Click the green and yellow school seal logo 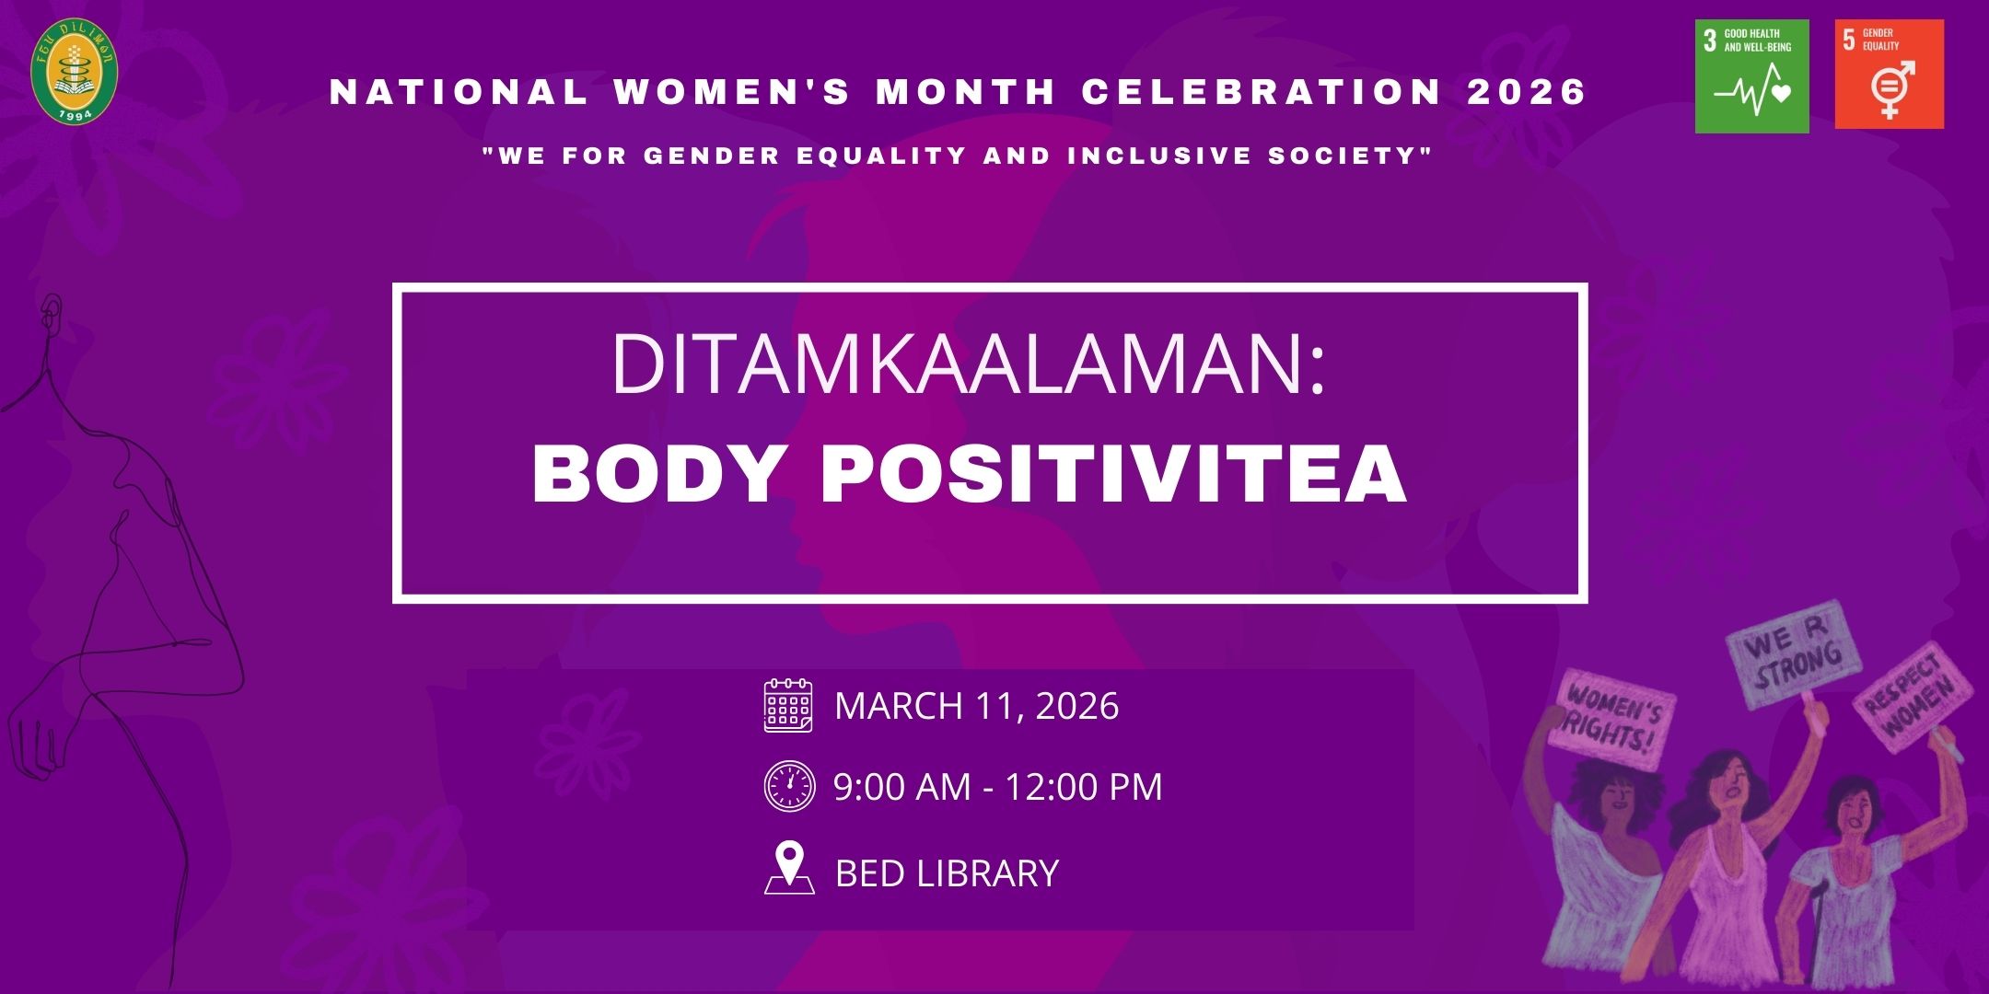coord(75,73)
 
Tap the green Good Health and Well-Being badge coord(1751,76)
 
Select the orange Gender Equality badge coord(1889,75)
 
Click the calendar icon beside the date coord(788,706)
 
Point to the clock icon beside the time coord(789,786)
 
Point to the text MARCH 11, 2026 coord(976,706)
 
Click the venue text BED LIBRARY coord(947,873)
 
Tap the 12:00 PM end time coord(1083,787)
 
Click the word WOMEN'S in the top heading coord(732,92)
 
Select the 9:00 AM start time coord(901,787)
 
